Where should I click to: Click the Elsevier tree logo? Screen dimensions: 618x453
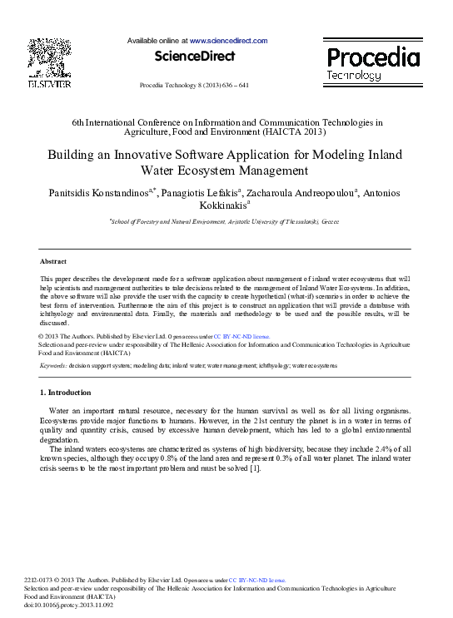[50, 58]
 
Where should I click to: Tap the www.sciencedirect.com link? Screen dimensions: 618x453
[228, 41]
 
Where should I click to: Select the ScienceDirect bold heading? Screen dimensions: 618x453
[194, 57]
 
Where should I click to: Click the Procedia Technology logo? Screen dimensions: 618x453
[371, 63]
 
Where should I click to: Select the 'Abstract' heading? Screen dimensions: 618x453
[53, 261]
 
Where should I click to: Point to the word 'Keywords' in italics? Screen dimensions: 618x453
[53, 365]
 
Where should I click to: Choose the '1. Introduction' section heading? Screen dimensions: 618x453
[66, 392]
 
